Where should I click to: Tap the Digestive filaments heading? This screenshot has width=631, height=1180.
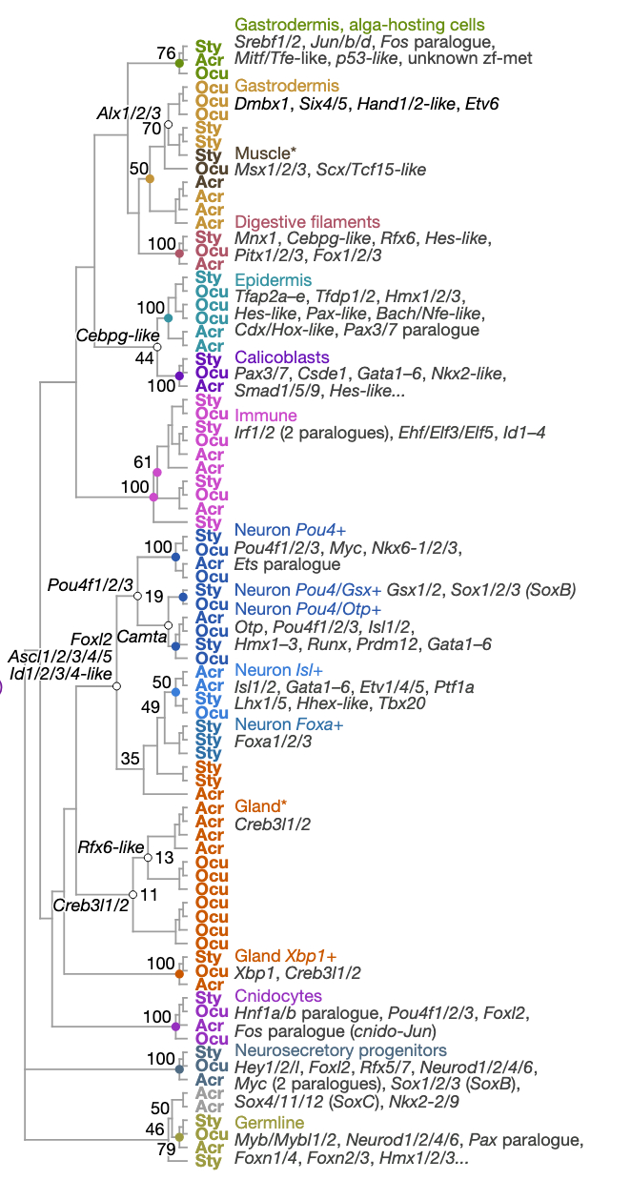tap(307, 222)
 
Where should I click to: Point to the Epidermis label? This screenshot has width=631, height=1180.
tap(273, 280)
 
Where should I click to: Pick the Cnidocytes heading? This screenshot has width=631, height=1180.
tap(278, 996)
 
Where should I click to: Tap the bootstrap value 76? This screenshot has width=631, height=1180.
tap(166, 53)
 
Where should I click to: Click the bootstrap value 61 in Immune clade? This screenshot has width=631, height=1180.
tap(143, 461)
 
